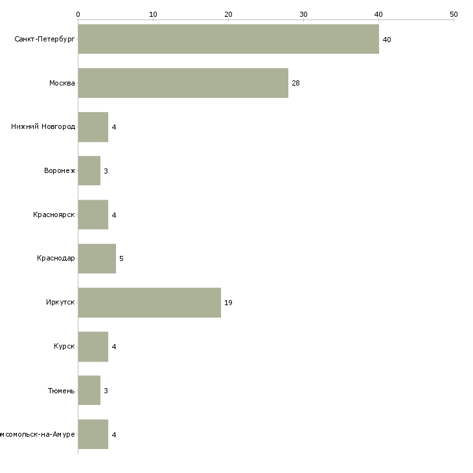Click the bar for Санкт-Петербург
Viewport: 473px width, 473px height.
[x=228, y=39]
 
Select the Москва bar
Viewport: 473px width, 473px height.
[x=183, y=83]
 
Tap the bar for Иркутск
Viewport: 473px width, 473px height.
[x=149, y=303]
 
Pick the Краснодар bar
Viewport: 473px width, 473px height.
[x=97, y=259]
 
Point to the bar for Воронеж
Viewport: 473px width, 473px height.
[x=89, y=170]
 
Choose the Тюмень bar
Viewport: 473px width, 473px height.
[x=89, y=391]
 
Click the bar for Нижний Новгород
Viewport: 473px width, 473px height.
[x=93, y=127]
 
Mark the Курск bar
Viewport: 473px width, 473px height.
[x=93, y=347]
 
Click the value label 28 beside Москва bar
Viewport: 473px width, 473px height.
[x=295, y=83]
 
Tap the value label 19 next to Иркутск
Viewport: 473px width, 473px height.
[x=228, y=303]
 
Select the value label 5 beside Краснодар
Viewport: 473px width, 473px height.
[x=121, y=259]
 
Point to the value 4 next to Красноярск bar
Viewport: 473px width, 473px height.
[x=113, y=215]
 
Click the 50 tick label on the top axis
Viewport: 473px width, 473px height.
[x=454, y=14]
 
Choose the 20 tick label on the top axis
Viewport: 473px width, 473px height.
[x=228, y=14]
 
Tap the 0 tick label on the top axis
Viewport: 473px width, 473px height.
[x=78, y=14]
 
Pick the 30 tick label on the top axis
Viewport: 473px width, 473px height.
[x=303, y=14]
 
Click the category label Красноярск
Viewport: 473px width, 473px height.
[x=54, y=215]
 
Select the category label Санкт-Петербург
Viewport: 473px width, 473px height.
[x=45, y=40]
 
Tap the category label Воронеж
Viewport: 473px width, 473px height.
[x=60, y=171]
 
